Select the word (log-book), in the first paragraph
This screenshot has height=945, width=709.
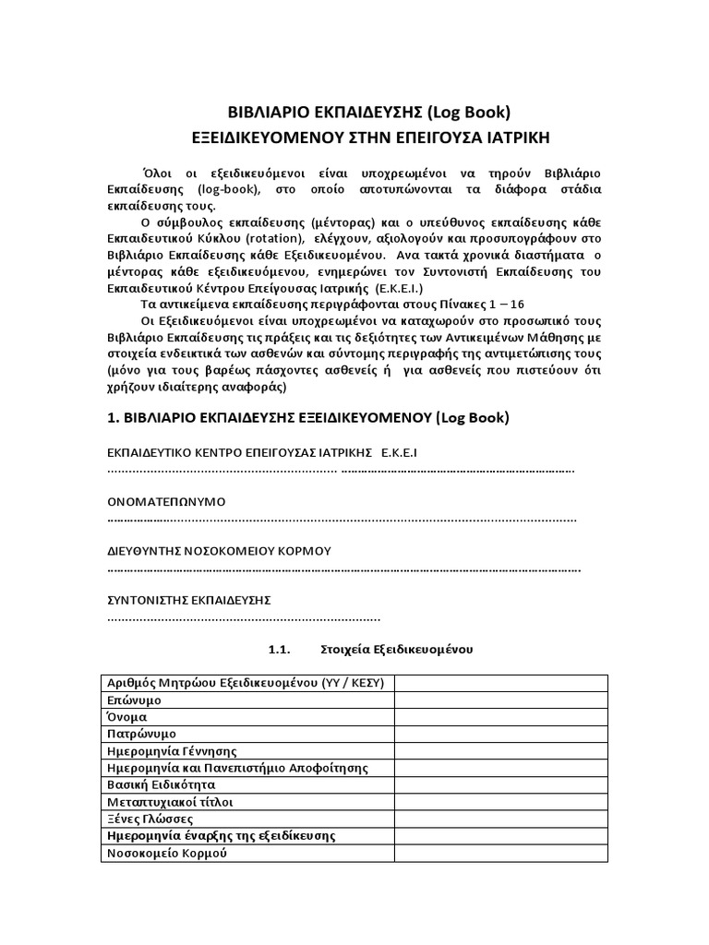click(x=208, y=189)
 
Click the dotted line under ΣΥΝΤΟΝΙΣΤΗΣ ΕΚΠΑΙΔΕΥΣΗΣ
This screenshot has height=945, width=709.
click(x=244, y=617)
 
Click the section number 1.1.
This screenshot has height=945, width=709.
click(x=280, y=650)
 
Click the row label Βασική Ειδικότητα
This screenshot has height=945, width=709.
click(x=162, y=784)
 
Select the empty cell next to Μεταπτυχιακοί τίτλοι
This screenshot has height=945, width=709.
click(x=501, y=802)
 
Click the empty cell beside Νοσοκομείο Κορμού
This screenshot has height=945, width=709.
click(x=501, y=853)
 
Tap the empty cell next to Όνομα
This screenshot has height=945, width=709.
click(x=501, y=717)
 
